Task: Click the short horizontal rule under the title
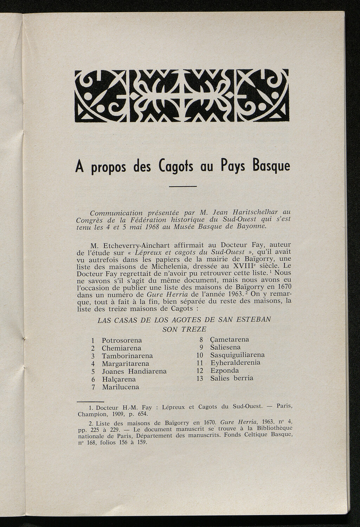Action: tap(183, 186)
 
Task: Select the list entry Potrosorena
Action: tap(122, 340)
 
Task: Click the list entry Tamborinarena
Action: tap(127, 356)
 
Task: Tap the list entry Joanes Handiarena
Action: tap(134, 371)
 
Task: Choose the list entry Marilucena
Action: tap(121, 387)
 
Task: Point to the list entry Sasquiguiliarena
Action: tap(237, 355)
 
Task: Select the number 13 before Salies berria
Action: tap(200, 378)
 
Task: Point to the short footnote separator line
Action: tap(90, 401)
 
